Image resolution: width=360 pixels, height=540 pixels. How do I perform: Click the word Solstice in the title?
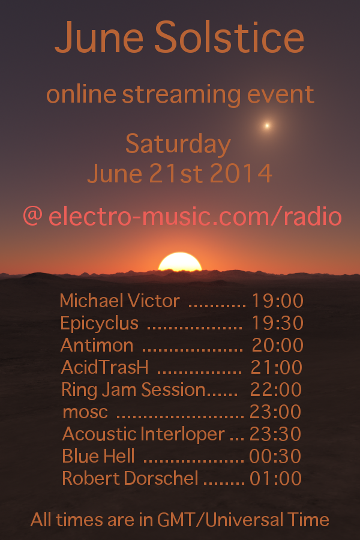coord(229,37)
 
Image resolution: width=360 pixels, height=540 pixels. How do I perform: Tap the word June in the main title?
coord(99,37)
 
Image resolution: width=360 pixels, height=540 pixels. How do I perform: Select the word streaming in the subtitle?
coord(181,95)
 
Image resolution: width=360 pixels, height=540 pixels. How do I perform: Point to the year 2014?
coord(241,173)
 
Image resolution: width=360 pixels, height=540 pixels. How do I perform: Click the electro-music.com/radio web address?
coord(196,217)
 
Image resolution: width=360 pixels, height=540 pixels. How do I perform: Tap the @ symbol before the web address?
coord(33,216)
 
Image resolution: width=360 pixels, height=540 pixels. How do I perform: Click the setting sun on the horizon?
coord(180,262)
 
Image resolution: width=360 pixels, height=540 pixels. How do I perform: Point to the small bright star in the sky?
coord(266,125)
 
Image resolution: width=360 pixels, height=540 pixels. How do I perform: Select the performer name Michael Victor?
coord(119,301)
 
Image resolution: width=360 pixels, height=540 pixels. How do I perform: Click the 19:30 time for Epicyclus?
coord(278,323)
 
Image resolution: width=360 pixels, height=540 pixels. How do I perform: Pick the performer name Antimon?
coord(97,345)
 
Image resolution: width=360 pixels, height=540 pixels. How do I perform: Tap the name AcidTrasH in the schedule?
coord(105,367)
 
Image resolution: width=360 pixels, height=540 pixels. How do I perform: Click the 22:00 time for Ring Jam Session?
coord(276,389)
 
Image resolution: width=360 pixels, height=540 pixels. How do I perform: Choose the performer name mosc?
coord(85,412)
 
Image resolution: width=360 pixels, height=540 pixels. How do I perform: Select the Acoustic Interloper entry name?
coord(143,434)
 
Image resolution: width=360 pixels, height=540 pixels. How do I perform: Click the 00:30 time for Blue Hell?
coord(275,457)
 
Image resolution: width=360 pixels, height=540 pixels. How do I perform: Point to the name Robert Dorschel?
coord(130,478)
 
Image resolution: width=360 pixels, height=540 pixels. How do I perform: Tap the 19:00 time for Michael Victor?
coord(278,301)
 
